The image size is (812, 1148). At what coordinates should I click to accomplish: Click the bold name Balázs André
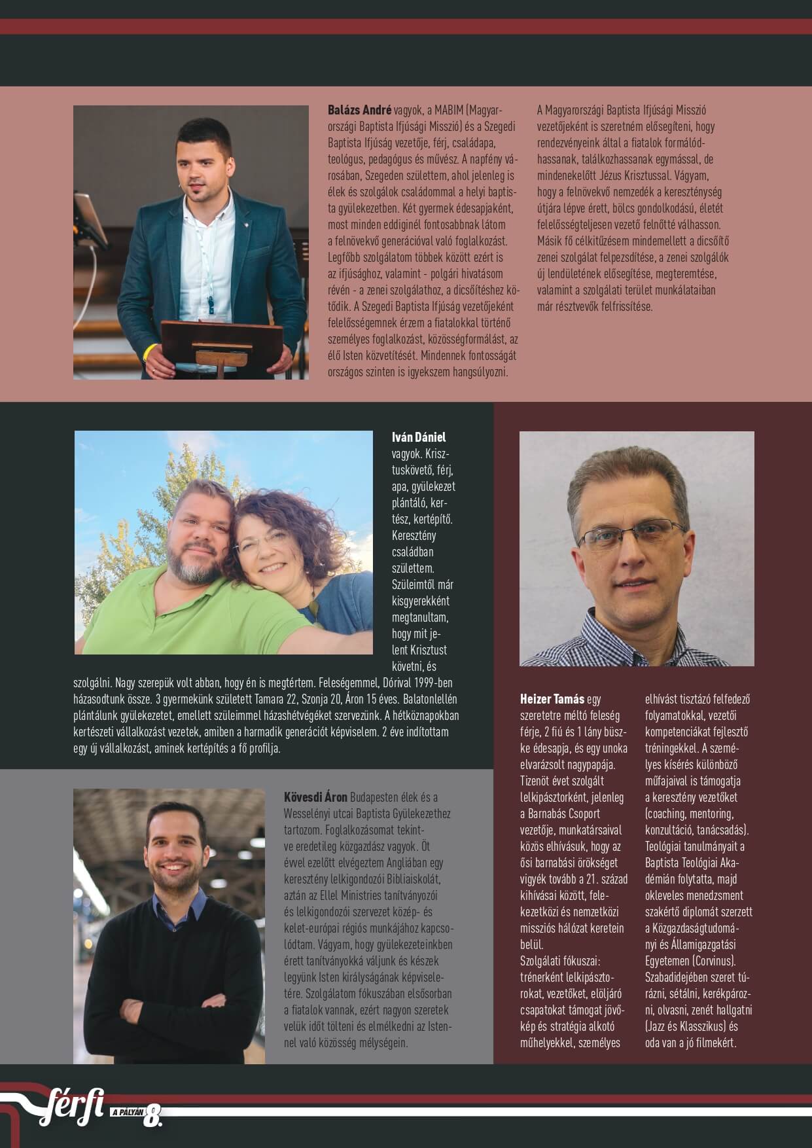(x=359, y=111)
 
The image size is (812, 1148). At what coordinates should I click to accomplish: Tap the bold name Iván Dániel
(x=419, y=437)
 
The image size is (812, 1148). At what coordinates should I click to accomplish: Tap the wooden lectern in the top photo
(x=221, y=337)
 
